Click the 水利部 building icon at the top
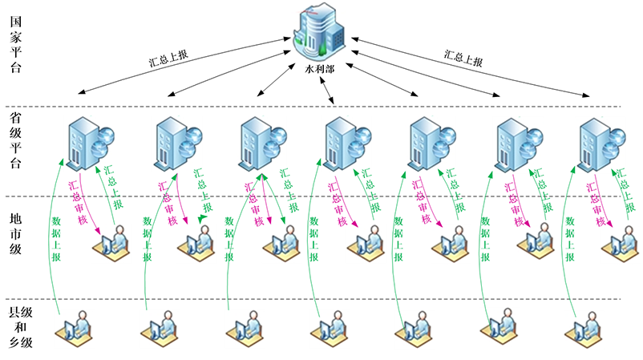pyautogui.click(x=320, y=34)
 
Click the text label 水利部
pyautogui.click(x=321, y=70)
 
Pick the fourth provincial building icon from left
pyautogui.click(x=346, y=142)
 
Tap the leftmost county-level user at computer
pyautogui.click(x=77, y=328)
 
